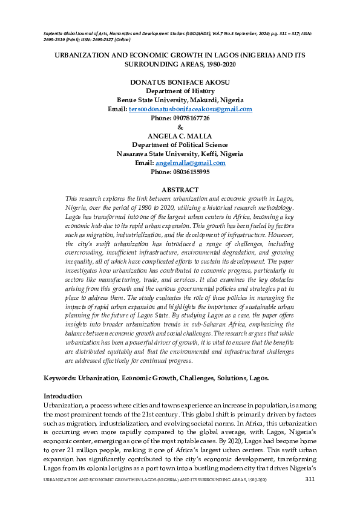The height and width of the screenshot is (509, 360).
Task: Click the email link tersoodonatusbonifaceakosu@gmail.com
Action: point(191,109)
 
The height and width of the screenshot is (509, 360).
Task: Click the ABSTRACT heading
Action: point(180,190)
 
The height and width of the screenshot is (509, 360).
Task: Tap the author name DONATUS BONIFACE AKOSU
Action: point(180,82)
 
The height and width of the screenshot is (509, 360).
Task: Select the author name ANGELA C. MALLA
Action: point(180,136)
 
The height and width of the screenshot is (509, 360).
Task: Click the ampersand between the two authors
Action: point(180,127)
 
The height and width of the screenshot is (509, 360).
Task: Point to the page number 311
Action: point(310,479)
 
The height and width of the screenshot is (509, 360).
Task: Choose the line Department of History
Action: point(180,91)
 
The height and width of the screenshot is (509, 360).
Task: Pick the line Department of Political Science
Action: point(180,145)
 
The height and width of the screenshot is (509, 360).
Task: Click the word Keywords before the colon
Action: point(59,378)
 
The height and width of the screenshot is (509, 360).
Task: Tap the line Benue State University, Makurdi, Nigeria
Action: point(180,100)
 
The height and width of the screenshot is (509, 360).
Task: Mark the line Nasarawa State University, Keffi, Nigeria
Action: point(180,154)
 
